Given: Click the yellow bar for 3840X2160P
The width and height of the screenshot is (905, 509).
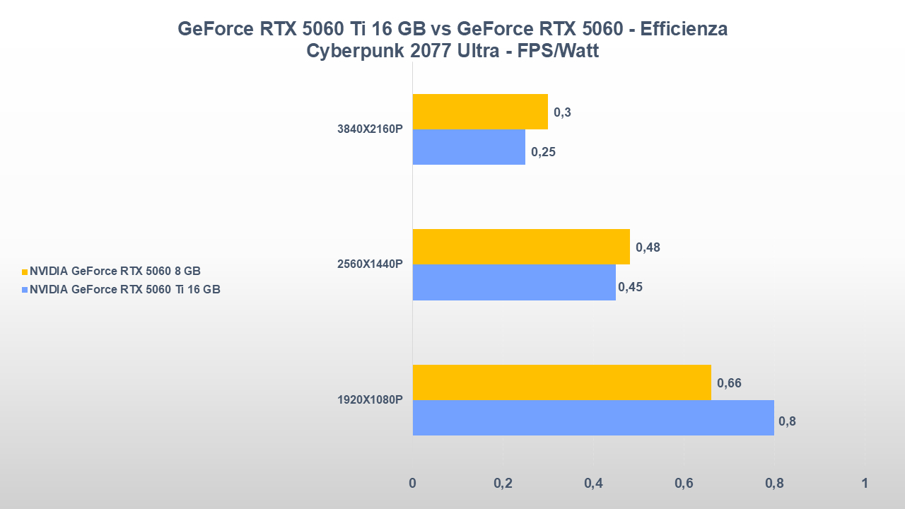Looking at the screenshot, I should point(480,112).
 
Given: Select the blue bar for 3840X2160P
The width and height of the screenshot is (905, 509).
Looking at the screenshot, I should point(469,147).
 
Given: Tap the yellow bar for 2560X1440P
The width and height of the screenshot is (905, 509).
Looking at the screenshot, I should point(520,247).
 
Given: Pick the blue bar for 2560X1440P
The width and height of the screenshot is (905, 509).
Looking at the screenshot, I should point(513,282).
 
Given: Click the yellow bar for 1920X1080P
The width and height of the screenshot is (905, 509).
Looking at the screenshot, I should point(561,382).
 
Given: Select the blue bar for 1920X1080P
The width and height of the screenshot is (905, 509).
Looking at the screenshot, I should point(592,418).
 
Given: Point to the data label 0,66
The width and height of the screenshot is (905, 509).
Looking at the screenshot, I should point(729,383).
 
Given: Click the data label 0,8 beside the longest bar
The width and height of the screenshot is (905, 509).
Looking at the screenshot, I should point(786,422).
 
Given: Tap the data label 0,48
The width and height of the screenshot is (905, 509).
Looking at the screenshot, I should point(648,247).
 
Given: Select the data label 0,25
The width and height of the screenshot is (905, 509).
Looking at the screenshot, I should point(544,151).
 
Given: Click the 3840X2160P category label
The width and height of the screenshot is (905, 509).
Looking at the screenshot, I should point(370,129).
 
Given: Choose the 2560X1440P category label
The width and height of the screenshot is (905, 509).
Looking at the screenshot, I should point(370,264).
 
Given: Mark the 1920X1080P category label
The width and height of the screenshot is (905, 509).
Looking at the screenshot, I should point(370,400).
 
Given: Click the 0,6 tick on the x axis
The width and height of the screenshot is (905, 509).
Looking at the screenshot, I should point(684,484).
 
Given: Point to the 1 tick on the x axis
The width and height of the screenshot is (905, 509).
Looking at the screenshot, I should point(864,484).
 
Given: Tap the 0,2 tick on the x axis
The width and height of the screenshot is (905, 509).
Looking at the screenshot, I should point(503,484).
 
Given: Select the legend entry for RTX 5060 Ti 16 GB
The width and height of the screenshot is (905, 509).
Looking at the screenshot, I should point(124,288).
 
